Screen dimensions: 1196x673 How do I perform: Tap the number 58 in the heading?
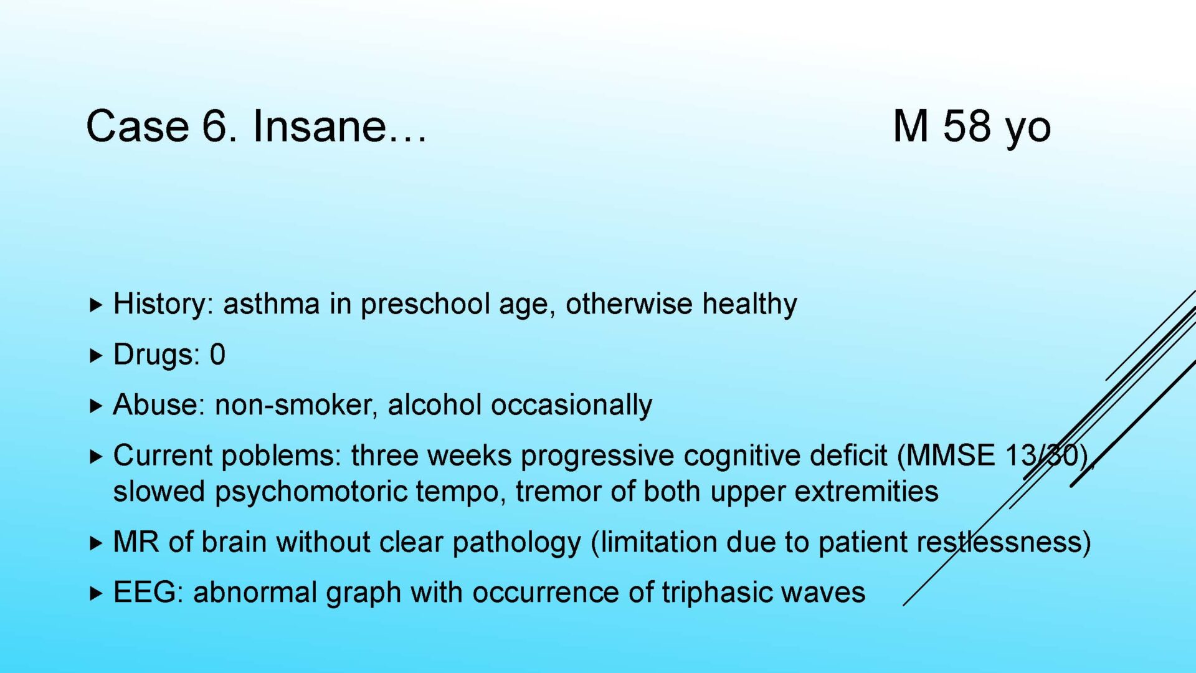(x=967, y=126)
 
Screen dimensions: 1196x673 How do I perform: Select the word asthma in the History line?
(x=272, y=304)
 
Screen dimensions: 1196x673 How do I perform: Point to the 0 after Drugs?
(x=217, y=355)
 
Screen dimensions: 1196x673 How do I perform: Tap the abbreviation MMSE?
(x=951, y=456)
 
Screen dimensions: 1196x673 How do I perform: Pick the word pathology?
(x=516, y=543)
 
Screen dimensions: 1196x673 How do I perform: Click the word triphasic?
(x=716, y=593)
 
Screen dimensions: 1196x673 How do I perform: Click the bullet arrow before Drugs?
(x=95, y=355)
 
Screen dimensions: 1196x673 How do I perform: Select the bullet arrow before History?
(x=95, y=305)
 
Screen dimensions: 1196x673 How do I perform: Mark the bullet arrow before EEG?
(x=95, y=593)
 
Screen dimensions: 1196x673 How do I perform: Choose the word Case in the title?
(x=138, y=126)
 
